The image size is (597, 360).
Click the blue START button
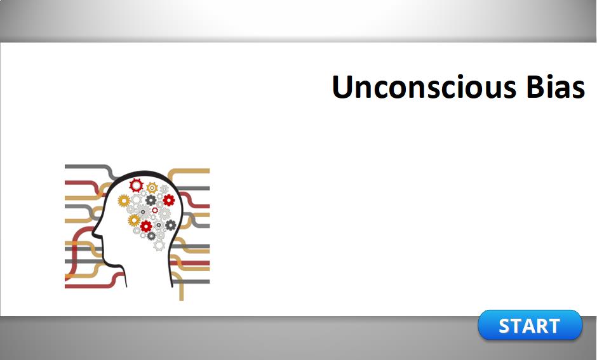tap(530, 325)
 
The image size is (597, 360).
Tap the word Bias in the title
tap(556, 87)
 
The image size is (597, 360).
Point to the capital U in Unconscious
tap(343, 87)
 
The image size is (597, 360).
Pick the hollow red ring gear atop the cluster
tap(136, 185)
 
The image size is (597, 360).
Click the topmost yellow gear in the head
tap(152, 187)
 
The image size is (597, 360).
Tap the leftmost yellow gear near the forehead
tap(124, 201)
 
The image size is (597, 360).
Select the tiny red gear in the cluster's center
tap(155, 210)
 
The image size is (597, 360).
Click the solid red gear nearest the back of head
tap(169, 200)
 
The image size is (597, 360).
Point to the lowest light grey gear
tap(159, 245)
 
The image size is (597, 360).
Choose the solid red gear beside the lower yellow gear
tap(146, 227)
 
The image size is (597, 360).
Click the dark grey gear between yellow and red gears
tap(151, 200)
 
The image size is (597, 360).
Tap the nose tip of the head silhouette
tap(93, 232)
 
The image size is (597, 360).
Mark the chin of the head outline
tap(104, 260)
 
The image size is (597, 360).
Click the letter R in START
tap(541, 326)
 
